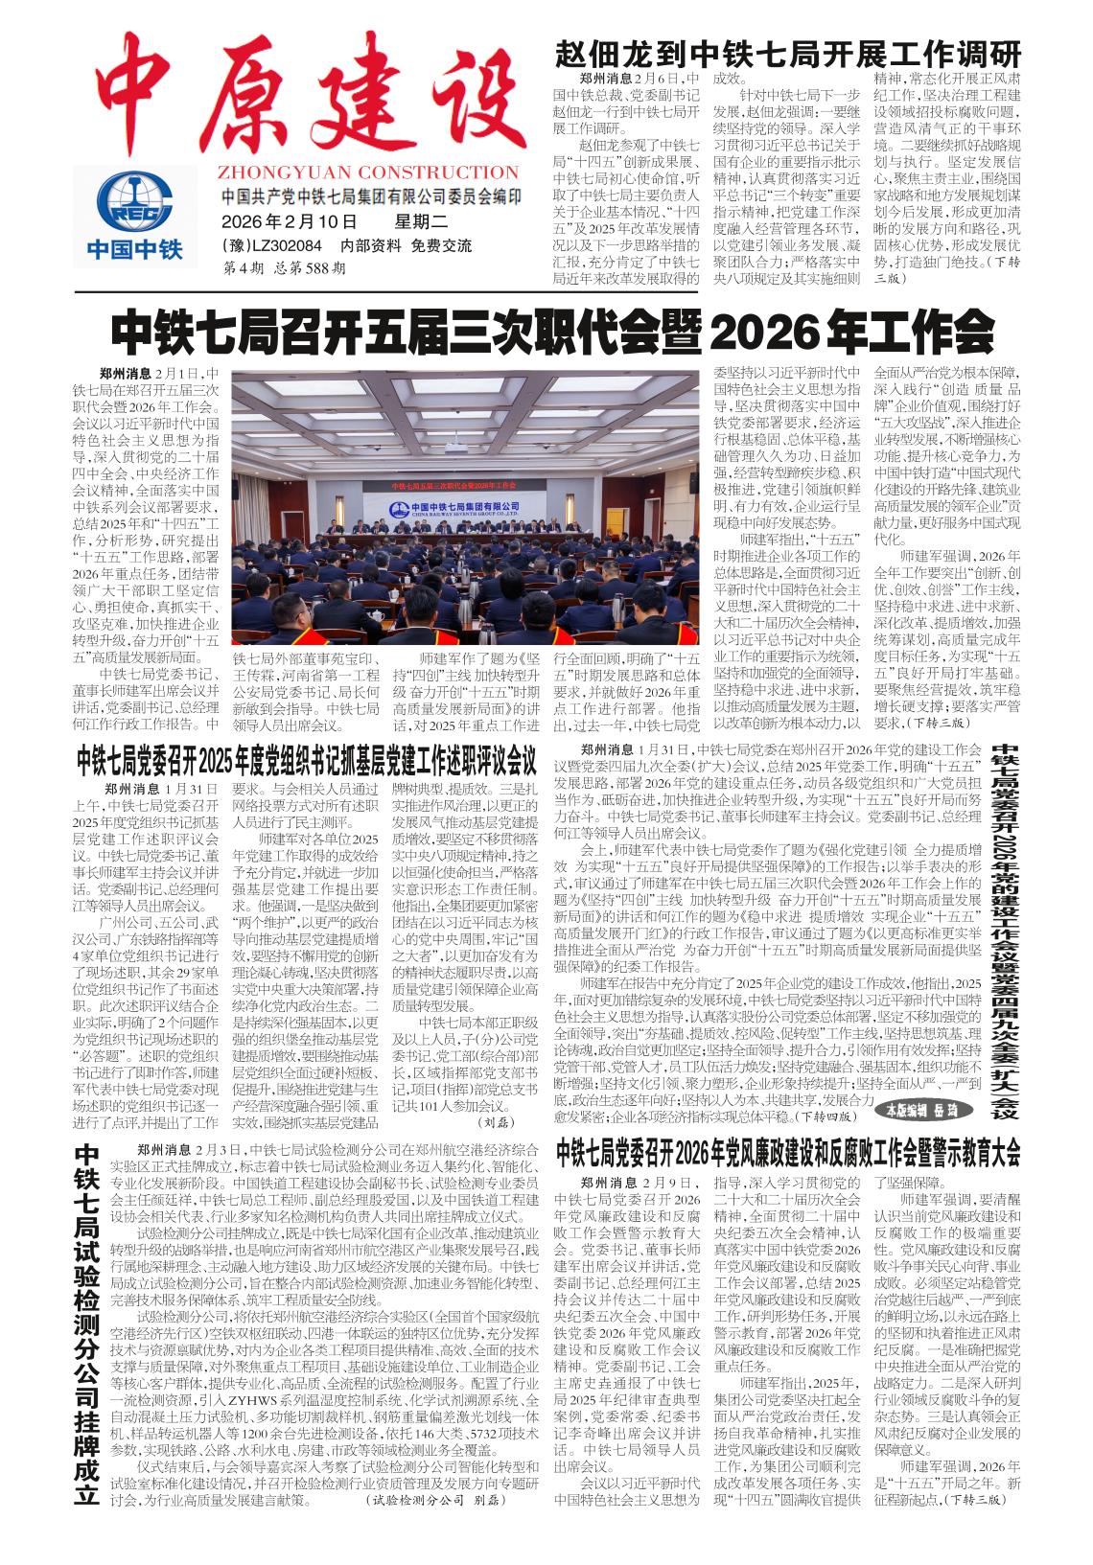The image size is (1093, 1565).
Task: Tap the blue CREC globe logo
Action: [x=134, y=201]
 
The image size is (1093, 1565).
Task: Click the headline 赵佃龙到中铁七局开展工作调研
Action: [x=788, y=53]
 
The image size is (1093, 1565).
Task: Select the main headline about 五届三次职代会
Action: [x=552, y=334]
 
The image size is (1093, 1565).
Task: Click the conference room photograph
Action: [x=465, y=508]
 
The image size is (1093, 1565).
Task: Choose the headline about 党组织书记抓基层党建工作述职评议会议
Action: [x=307, y=764]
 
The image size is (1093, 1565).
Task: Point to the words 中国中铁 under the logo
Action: [x=134, y=251]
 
